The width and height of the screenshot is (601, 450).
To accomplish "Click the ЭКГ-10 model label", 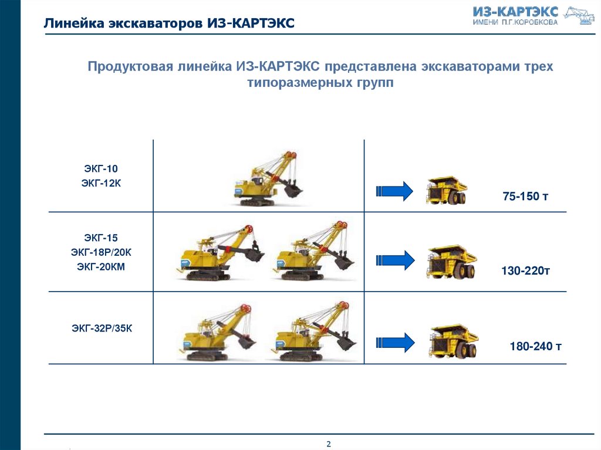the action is pos(101,168).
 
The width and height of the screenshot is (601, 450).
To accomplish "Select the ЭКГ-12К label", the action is pos(101,183).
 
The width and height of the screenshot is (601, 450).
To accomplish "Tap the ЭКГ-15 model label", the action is pos(101,238).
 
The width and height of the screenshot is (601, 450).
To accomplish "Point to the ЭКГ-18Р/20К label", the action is pos(101,253).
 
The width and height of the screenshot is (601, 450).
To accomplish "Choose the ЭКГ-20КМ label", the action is pos(101,267).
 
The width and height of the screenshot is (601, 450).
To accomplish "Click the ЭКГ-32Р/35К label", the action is pos(102,329).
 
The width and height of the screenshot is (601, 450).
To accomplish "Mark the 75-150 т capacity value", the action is pos(525,197).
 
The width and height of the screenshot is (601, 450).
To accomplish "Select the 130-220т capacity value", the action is pos(525,271).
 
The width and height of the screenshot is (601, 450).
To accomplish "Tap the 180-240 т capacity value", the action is pos(535,347).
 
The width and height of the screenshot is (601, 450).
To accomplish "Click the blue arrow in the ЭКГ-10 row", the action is pos(394,191).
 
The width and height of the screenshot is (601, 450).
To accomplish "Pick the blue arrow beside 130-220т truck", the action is pos(395,260).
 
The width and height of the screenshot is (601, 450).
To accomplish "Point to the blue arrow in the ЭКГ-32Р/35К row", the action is pos(395,342).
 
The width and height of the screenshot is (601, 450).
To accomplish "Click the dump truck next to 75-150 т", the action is pos(447,190).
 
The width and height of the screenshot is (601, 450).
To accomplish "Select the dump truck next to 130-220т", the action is pos(451,262).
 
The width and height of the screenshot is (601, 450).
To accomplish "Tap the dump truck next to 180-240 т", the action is pos(454,341).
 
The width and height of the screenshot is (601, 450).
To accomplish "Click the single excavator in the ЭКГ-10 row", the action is pos(268,178).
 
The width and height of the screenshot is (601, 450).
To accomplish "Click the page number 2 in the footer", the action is pos(329,444).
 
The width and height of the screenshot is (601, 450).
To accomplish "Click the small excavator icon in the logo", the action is pos(579,16).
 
